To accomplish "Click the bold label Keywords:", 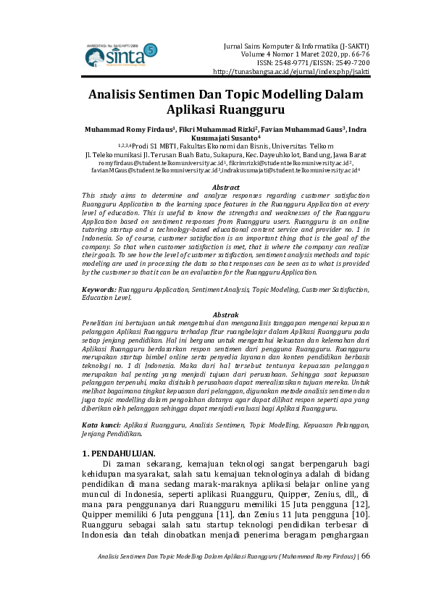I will point(99,290).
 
